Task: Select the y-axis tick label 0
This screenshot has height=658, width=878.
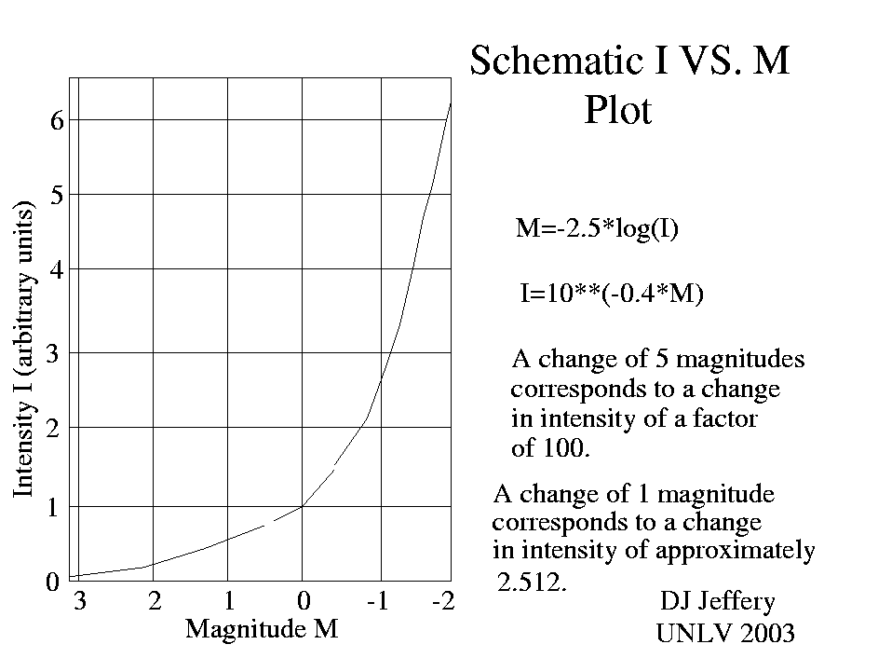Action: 52,582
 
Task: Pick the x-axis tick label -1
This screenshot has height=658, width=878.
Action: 376,601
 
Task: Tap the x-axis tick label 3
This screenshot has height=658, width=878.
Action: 80,601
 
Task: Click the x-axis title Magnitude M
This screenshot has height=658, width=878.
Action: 261,629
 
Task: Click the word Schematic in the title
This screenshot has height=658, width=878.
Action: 549,62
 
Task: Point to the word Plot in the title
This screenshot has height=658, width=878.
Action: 618,111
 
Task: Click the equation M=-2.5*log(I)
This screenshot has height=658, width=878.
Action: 597,228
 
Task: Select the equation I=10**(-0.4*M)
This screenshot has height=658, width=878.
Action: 611,295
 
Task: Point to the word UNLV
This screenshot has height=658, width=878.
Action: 690,634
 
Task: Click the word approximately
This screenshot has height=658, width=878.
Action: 735,551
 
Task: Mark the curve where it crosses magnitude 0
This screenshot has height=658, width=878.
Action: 303,505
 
